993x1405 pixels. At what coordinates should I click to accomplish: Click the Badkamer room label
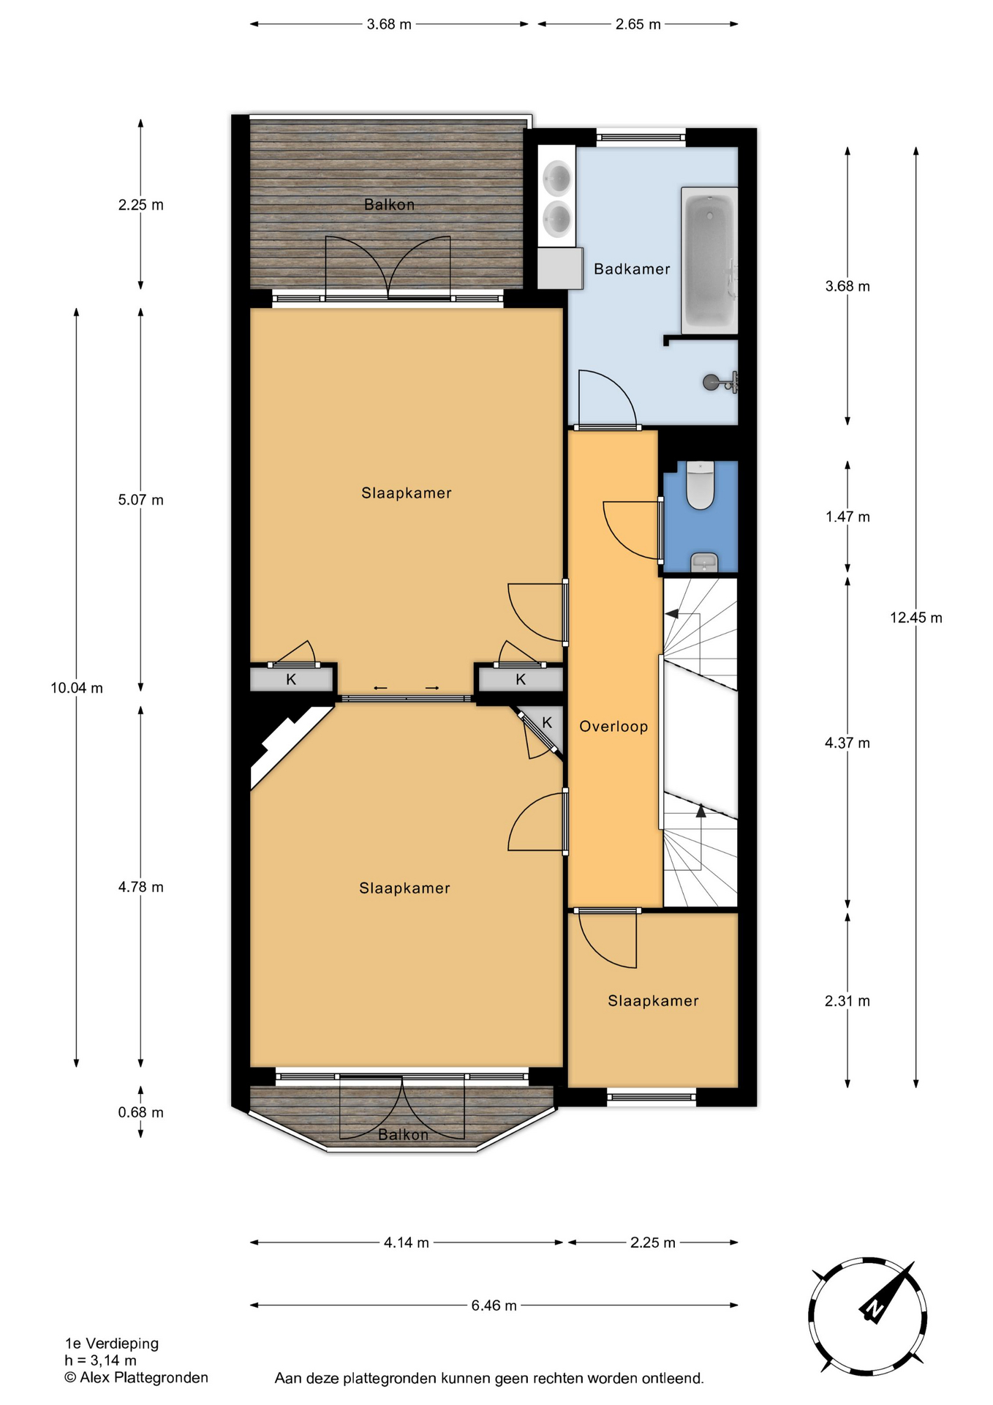[632, 269]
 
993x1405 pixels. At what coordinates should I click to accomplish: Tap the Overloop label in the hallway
[613, 727]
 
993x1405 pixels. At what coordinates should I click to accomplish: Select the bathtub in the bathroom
[709, 261]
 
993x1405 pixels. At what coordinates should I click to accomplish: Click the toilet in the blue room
[701, 484]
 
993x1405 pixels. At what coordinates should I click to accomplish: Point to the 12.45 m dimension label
[916, 618]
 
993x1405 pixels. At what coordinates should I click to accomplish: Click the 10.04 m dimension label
[77, 688]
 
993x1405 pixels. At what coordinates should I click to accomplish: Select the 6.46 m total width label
[494, 1305]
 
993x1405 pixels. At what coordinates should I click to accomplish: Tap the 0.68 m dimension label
[141, 1112]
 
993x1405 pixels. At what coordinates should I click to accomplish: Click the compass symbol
[867, 1316]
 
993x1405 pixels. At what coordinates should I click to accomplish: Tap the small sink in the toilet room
[704, 562]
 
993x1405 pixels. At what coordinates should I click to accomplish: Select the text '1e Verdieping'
[112, 1344]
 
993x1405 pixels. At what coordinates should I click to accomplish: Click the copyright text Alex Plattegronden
[137, 1378]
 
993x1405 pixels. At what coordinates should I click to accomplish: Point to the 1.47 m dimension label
[848, 517]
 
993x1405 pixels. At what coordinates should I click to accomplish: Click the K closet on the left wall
[291, 679]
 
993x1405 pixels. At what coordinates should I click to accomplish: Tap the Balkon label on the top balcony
[389, 205]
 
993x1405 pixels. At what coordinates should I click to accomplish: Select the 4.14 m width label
[407, 1243]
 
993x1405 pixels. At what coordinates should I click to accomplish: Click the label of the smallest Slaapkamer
[653, 1001]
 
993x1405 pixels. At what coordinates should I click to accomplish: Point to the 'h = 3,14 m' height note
[101, 1361]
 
